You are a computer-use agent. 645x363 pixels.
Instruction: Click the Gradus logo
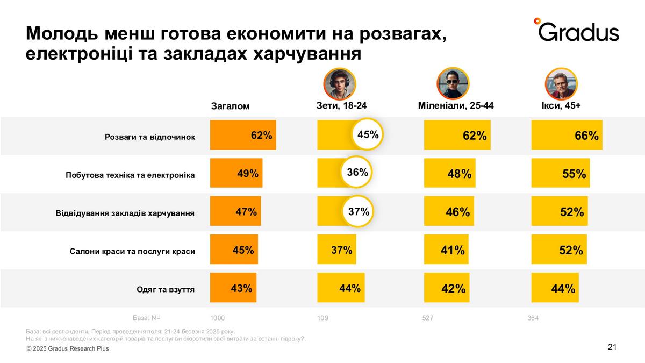pyautogui.click(x=577, y=31)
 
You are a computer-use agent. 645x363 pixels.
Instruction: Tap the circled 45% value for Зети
pyautogui.click(x=368, y=134)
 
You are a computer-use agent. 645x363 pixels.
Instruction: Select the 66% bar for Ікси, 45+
pyautogui.click(x=567, y=135)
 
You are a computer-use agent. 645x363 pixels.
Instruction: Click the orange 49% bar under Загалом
pyautogui.click(x=236, y=173)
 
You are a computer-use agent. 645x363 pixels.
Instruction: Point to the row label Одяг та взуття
pyautogui.click(x=166, y=289)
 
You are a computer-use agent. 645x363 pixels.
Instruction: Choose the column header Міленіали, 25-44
pyautogui.click(x=455, y=105)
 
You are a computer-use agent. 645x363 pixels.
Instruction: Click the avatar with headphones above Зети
pyautogui.click(x=340, y=84)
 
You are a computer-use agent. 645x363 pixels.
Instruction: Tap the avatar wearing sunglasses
pyautogui.click(x=453, y=84)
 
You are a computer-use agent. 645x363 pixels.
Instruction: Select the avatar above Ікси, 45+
pyautogui.click(x=561, y=84)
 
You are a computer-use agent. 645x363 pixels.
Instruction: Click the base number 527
pyautogui.click(x=428, y=318)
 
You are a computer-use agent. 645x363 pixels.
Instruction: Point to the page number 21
pyautogui.click(x=612, y=347)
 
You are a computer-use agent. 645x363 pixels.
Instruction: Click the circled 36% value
pyautogui.click(x=357, y=173)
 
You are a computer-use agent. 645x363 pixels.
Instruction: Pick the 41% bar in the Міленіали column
pyautogui.click(x=446, y=250)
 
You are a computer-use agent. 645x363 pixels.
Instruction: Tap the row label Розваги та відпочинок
pyautogui.click(x=150, y=137)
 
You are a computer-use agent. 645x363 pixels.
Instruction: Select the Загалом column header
pyautogui.click(x=230, y=106)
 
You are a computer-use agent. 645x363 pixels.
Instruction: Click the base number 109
pyautogui.click(x=322, y=318)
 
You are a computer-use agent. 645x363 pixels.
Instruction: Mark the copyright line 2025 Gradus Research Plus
pyautogui.click(x=68, y=348)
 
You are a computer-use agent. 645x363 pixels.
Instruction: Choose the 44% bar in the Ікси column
pyautogui.click(x=555, y=288)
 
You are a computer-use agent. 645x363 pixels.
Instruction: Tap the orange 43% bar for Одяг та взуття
pyautogui.click(x=233, y=288)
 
